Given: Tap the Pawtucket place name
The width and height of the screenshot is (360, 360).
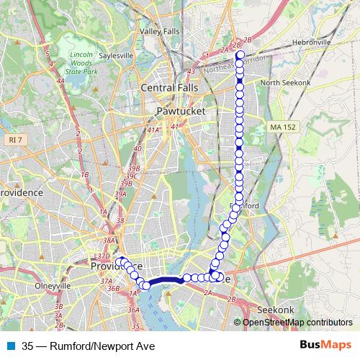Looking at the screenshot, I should (181, 112).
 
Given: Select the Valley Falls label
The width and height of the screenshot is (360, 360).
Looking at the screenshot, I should (161, 32).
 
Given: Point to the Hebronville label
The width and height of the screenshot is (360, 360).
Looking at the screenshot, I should (310, 42).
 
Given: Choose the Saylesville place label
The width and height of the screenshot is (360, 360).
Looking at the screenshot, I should (116, 55).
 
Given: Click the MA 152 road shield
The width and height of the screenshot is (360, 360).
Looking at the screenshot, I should (282, 127).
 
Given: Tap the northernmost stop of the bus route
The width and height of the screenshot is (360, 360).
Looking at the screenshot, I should (240, 55).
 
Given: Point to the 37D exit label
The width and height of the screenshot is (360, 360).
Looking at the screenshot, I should (103, 256).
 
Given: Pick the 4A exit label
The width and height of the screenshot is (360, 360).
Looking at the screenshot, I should (61, 81).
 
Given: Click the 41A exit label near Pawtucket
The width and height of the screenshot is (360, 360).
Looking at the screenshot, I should (153, 130).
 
